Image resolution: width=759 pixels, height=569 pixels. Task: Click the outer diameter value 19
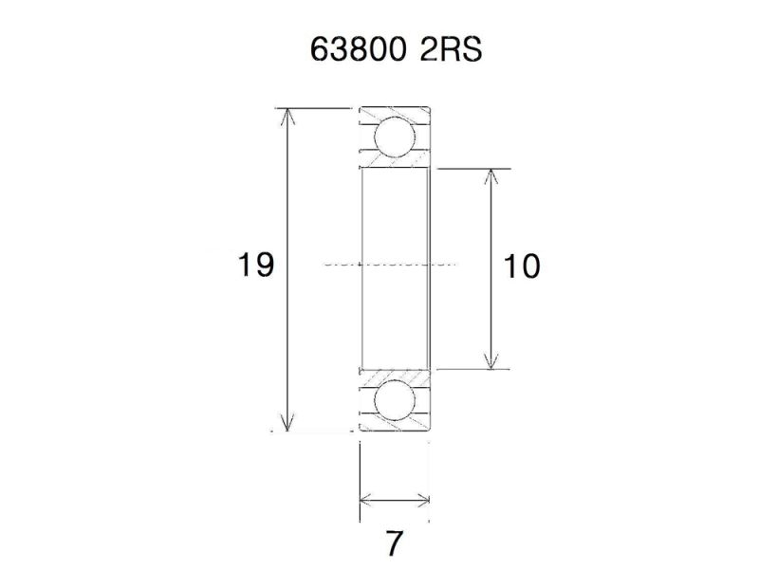point(255,266)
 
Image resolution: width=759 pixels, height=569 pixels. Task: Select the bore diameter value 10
point(522,267)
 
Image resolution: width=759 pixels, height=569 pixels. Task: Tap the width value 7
point(394,543)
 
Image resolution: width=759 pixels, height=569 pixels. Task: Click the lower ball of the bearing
point(395,401)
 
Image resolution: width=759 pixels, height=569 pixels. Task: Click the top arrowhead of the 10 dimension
point(491,175)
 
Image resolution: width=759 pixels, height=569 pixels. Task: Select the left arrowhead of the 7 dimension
point(366,500)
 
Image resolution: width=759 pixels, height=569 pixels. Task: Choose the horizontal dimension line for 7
point(395,500)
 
